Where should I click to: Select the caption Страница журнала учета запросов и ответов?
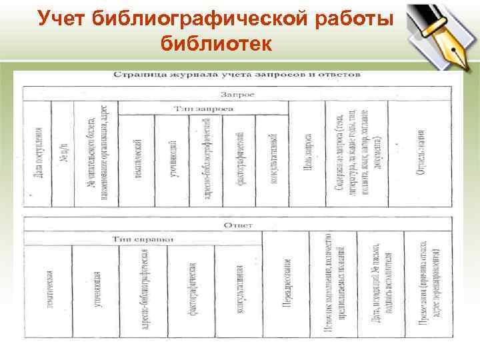[x=236, y=75]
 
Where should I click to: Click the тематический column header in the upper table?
[x=137, y=157]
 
